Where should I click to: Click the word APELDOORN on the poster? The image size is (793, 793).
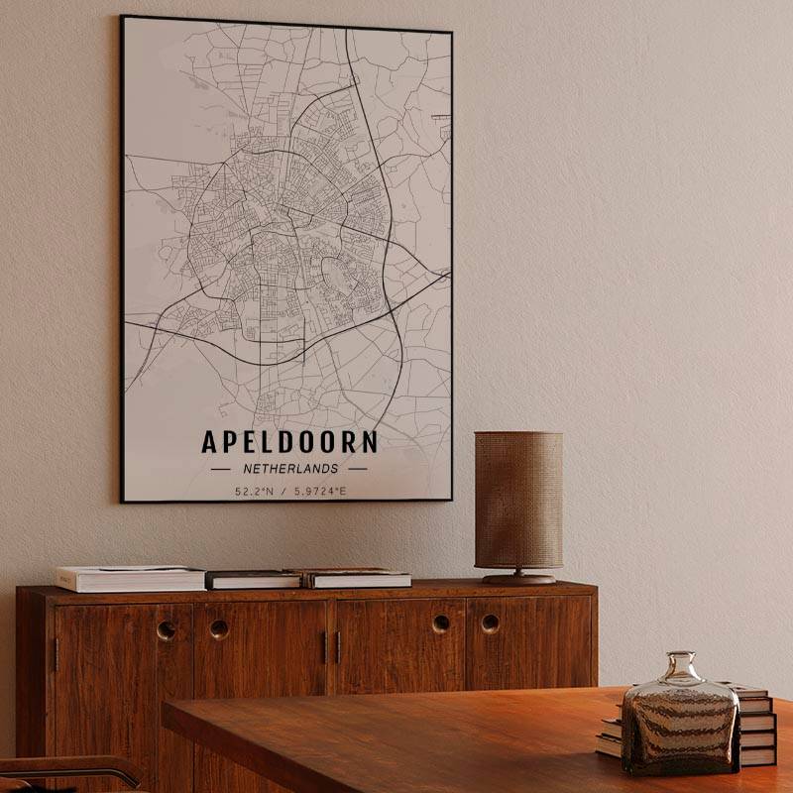coord(289,442)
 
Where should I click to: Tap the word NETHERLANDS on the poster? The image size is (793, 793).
coord(289,469)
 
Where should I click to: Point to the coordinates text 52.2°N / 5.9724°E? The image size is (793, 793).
coord(290,491)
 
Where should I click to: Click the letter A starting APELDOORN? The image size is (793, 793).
coord(211,442)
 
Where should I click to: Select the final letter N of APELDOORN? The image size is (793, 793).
coord(368,442)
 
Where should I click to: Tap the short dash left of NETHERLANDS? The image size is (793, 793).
coord(221,469)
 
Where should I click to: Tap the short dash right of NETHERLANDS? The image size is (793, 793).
coord(357,469)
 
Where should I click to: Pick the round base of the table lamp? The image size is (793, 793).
coord(519,578)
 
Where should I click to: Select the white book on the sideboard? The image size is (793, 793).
coord(130,577)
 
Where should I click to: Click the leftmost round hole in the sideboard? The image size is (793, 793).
coord(167,629)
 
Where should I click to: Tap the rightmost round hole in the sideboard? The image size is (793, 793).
coord(490,623)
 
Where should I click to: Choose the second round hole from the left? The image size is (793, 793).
coord(219,628)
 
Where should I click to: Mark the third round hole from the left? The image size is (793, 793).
coord(440,623)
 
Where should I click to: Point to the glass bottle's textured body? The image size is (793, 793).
coord(680,729)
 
